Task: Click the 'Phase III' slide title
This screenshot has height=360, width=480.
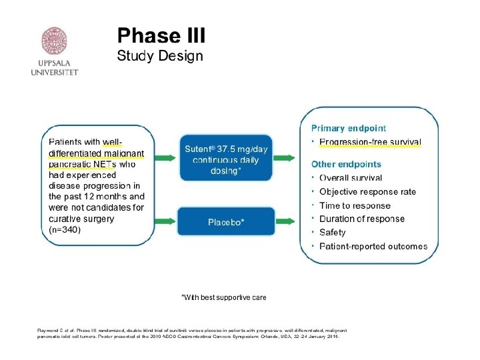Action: (161, 35)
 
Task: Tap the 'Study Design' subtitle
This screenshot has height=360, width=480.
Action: (159, 56)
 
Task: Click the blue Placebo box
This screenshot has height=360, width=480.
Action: (226, 221)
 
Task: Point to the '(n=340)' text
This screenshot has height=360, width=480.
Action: (65, 229)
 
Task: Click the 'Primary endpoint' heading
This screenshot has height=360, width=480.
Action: (349, 128)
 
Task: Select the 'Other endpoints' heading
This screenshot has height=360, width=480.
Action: (347, 164)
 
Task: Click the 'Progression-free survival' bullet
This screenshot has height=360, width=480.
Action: (370, 142)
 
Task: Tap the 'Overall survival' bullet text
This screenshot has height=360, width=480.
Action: (351, 178)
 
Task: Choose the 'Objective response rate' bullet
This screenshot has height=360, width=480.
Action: (367, 191)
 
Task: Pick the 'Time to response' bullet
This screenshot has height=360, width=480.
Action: (355, 205)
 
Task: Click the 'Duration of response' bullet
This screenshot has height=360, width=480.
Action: (361, 219)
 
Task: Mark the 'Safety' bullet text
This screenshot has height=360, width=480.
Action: (332, 233)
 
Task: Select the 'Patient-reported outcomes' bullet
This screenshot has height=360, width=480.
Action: (373, 246)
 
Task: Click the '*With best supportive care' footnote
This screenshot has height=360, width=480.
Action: (224, 297)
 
